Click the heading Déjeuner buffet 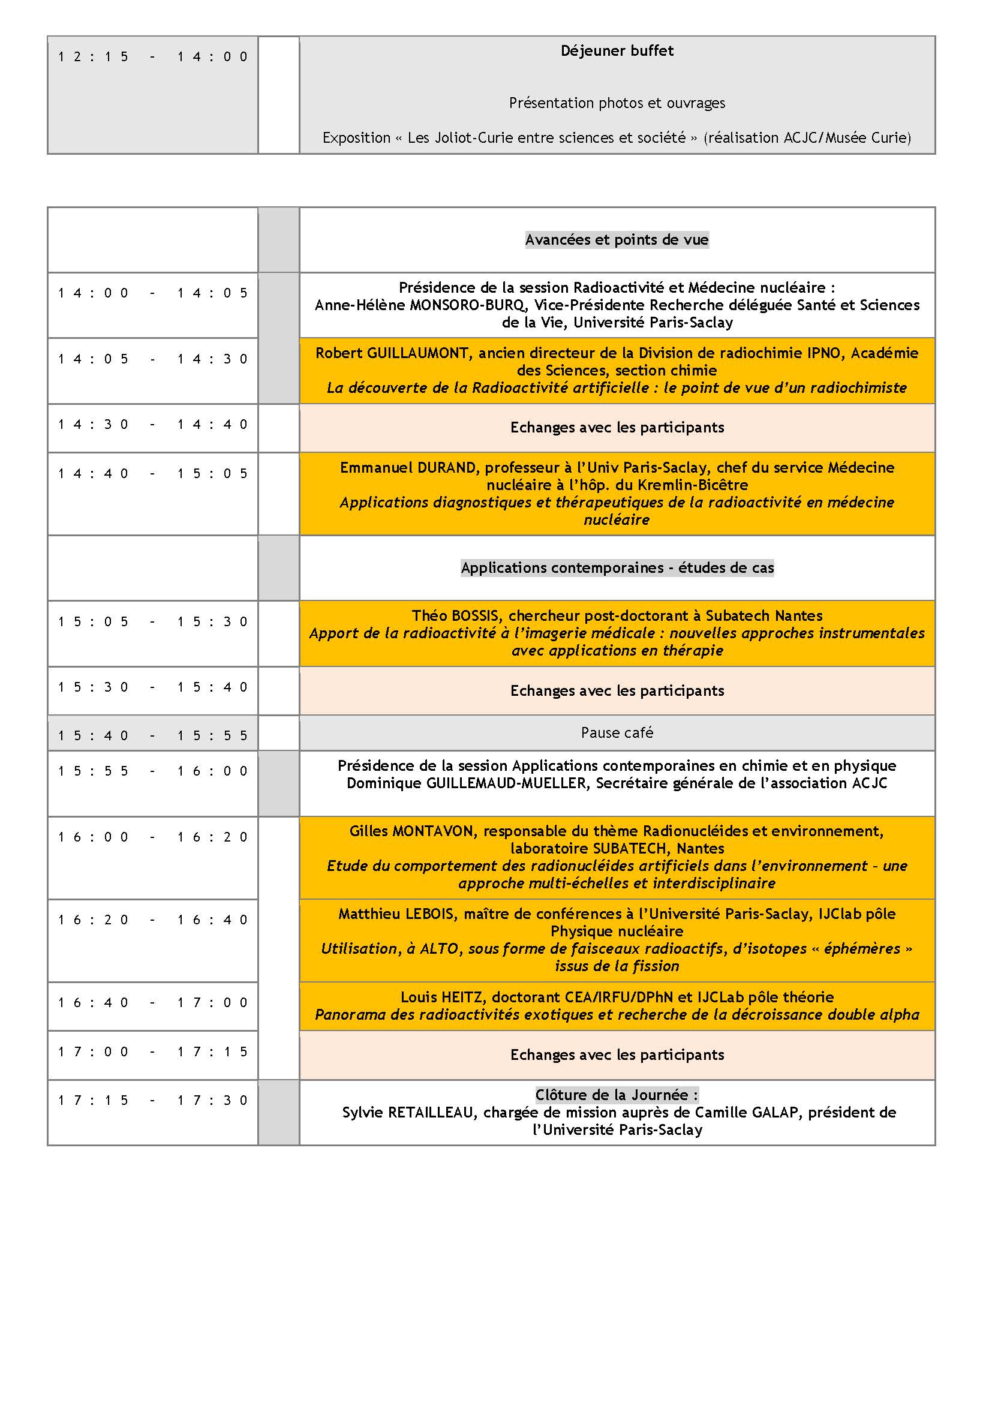[x=617, y=51]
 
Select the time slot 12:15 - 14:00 [x=153, y=57]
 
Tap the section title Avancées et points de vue [x=617, y=239]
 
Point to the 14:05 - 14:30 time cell [x=153, y=359]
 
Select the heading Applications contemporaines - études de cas [x=617, y=567]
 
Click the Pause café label [x=617, y=732]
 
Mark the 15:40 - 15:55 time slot [x=153, y=736]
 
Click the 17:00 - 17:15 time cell [x=153, y=1052]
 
